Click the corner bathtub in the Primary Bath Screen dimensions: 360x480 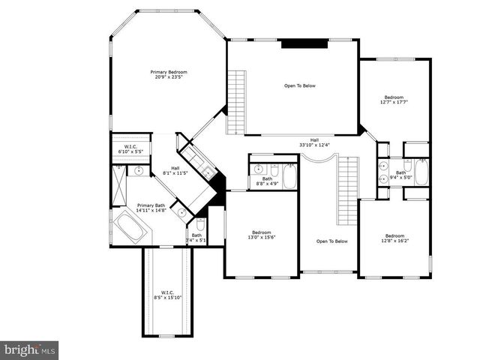point(130,226)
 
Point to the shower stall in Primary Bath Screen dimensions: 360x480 point(119,184)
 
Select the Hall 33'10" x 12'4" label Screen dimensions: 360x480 point(315,142)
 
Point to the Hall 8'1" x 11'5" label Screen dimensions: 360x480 point(175,170)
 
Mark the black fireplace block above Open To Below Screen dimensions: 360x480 point(304,43)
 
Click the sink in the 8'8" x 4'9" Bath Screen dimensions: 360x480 point(259,169)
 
